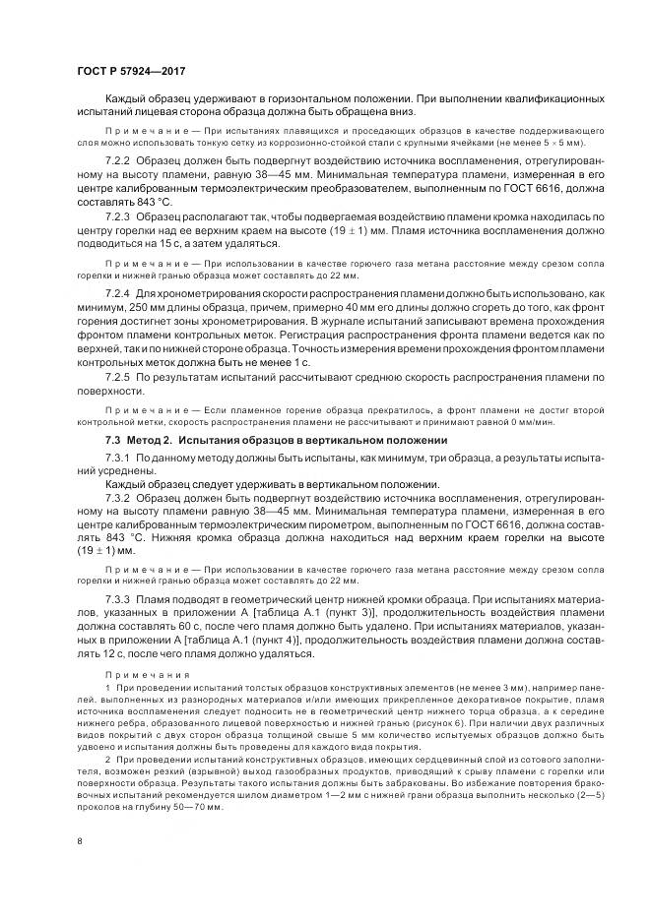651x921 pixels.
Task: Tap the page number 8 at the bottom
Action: tap(78, 840)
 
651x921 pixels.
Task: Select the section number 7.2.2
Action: tap(119, 158)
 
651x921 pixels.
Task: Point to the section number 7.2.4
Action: tap(119, 293)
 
